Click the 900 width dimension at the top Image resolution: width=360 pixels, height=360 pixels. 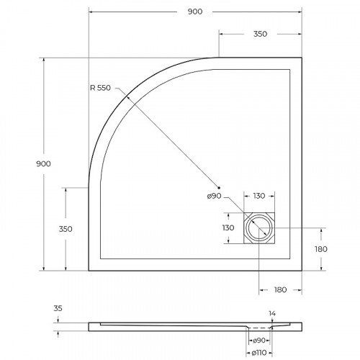click(x=194, y=12)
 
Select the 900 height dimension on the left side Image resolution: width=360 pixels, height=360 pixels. click(x=43, y=164)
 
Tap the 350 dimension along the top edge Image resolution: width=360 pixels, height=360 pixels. click(x=260, y=34)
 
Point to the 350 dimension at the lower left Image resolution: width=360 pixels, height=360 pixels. click(x=66, y=229)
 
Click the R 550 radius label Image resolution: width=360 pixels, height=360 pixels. click(x=102, y=88)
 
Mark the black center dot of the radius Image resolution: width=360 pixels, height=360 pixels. click(x=222, y=189)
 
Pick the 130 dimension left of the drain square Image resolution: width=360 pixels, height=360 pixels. click(x=228, y=228)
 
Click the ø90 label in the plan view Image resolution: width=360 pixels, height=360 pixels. click(x=214, y=197)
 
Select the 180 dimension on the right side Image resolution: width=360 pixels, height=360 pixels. click(x=321, y=249)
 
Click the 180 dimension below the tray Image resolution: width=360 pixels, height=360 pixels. click(x=280, y=289)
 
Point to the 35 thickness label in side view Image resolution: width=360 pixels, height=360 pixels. click(x=58, y=308)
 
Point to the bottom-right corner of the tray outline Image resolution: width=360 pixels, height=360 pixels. click(x=300, y=271)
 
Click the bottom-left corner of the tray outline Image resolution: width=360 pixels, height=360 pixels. click(x=89, y=271)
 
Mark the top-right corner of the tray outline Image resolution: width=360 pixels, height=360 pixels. click(x=300, y=58)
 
